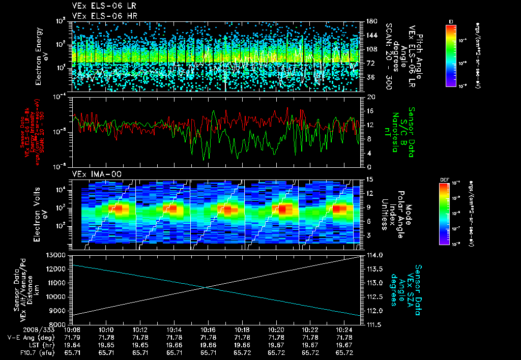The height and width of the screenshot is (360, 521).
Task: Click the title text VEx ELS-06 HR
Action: point(99,16)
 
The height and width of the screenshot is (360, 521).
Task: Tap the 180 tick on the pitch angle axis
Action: point(369,21)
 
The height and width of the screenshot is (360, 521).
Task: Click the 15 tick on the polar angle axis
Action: point(366,179)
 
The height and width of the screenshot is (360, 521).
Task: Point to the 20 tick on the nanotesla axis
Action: point(366,97)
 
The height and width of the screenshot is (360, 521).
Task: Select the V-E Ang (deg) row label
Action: point(26,337)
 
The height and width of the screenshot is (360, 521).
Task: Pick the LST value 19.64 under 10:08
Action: point(72,345)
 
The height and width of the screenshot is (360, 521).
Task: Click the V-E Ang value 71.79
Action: point(72,337)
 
